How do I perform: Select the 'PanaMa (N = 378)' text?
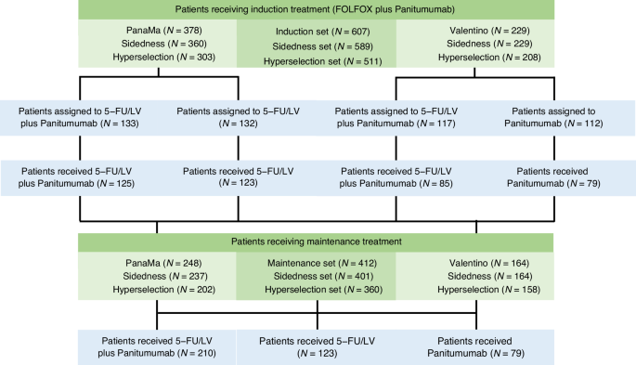pos(158,32)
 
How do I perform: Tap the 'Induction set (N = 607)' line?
pos(317,32)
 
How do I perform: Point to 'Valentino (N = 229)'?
pos(476,32)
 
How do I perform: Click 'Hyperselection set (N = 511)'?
pos(317,58)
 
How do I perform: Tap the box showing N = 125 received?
pos(79,177)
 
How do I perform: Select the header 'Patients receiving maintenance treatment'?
pos(317,242)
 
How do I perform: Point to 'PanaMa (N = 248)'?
pos(158,263)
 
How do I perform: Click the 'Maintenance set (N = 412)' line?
pos(317,263)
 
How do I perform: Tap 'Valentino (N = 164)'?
pos(476,263)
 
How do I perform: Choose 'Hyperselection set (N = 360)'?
pos(317,289)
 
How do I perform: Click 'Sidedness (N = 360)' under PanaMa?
pos(158,45)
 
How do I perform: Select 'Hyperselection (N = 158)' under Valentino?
pos(476,289)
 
